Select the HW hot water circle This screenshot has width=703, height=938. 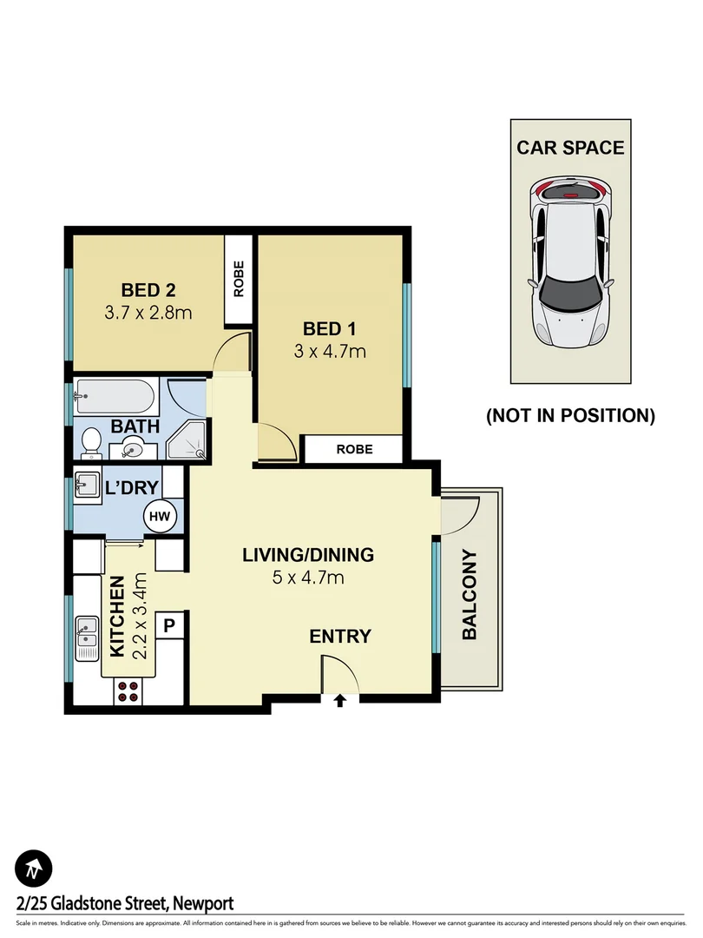(160, 517)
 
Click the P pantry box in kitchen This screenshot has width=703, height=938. (170, 624)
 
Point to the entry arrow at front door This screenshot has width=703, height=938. (340, 700)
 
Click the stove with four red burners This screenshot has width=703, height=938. (128, 690)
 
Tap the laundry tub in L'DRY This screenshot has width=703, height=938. (89, 484)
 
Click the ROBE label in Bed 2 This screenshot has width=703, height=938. (239, 280)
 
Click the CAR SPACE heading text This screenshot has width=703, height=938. (570, 148)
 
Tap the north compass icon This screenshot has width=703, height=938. (34, 868)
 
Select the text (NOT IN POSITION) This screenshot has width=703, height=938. (570, 416)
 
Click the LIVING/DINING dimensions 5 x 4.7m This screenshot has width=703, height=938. (307, 578)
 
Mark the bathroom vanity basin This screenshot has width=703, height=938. (132, 449)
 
